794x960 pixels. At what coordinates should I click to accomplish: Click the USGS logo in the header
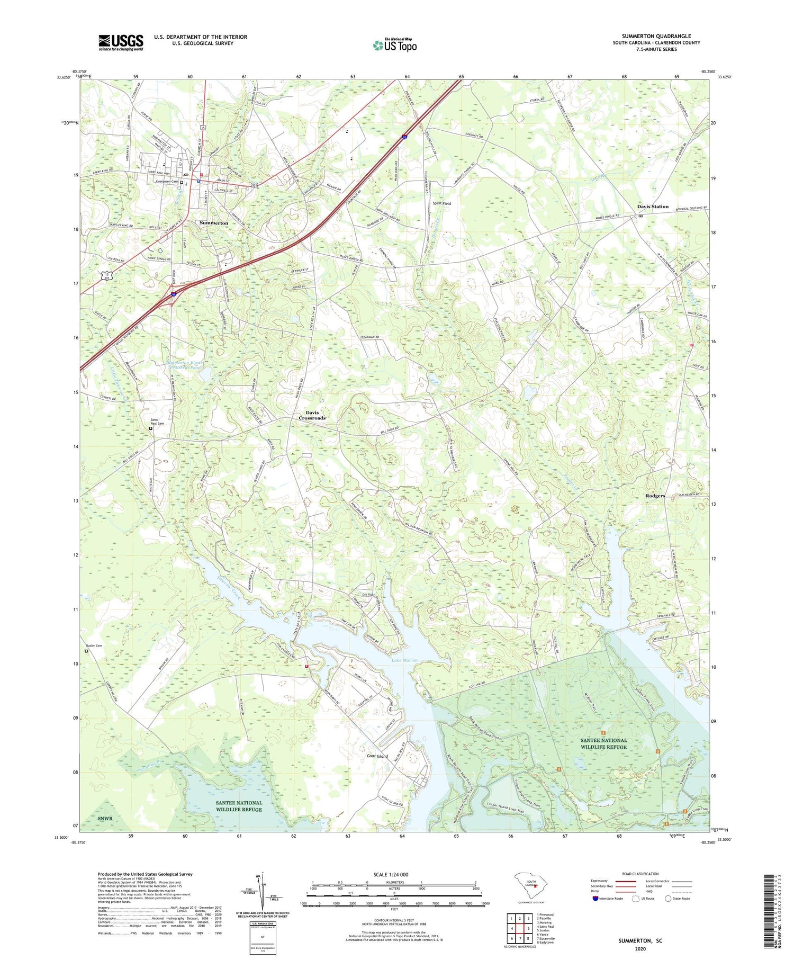pyautogui.click(x=121, y=42)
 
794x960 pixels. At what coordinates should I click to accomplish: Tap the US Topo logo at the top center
pyautogui.click(x=394, y=46)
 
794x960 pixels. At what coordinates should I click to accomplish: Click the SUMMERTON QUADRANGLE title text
pyautogui.click(x=656, y=37)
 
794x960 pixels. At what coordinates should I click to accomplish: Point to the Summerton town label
pyautogui.click(x=214, y=223)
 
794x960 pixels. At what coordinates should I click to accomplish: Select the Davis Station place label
pyautogui.click(x=653, y=207)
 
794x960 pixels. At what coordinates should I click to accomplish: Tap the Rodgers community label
pyautogui.click(x=655, y=496)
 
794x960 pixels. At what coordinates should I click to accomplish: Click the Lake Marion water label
pyautogui.click(x=404, y=660)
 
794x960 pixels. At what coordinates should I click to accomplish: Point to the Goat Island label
pyautogui.click(x=378, y=756)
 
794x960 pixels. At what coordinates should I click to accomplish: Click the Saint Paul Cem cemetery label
pyautogui.click(x=157, y=421)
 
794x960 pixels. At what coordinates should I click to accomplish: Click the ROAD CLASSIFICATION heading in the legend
pyautogui.click(x=640, y=874)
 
